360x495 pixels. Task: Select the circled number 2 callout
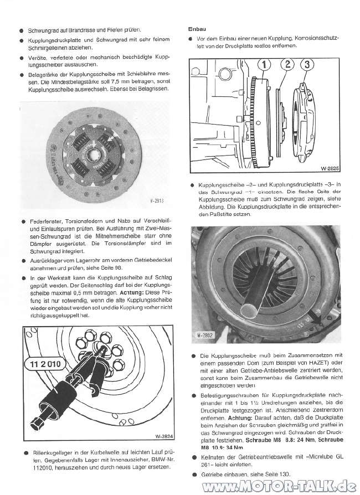(288, 64)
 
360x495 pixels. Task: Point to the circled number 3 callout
(306, 64)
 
